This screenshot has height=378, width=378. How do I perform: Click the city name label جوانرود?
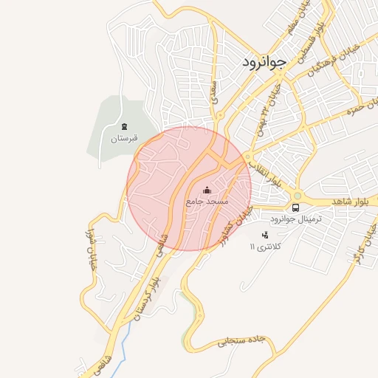click(x=263, y=63)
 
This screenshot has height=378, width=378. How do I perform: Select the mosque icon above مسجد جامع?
click(x=206, y=190)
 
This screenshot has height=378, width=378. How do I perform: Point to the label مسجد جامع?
click(x=207, y=201)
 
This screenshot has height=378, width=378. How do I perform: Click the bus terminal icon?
click(x=295, y=208)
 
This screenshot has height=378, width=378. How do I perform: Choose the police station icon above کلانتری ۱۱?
click(x=266, y=235)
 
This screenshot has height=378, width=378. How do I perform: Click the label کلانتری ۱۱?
click(x=266, y=247)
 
